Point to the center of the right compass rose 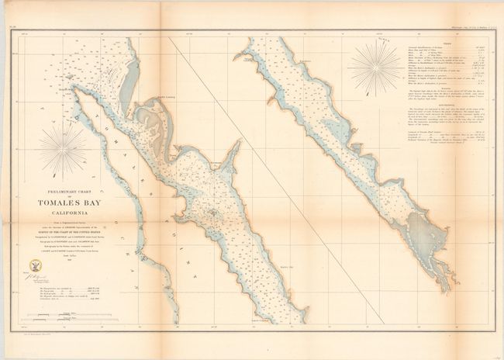click(x=376, y=65)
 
